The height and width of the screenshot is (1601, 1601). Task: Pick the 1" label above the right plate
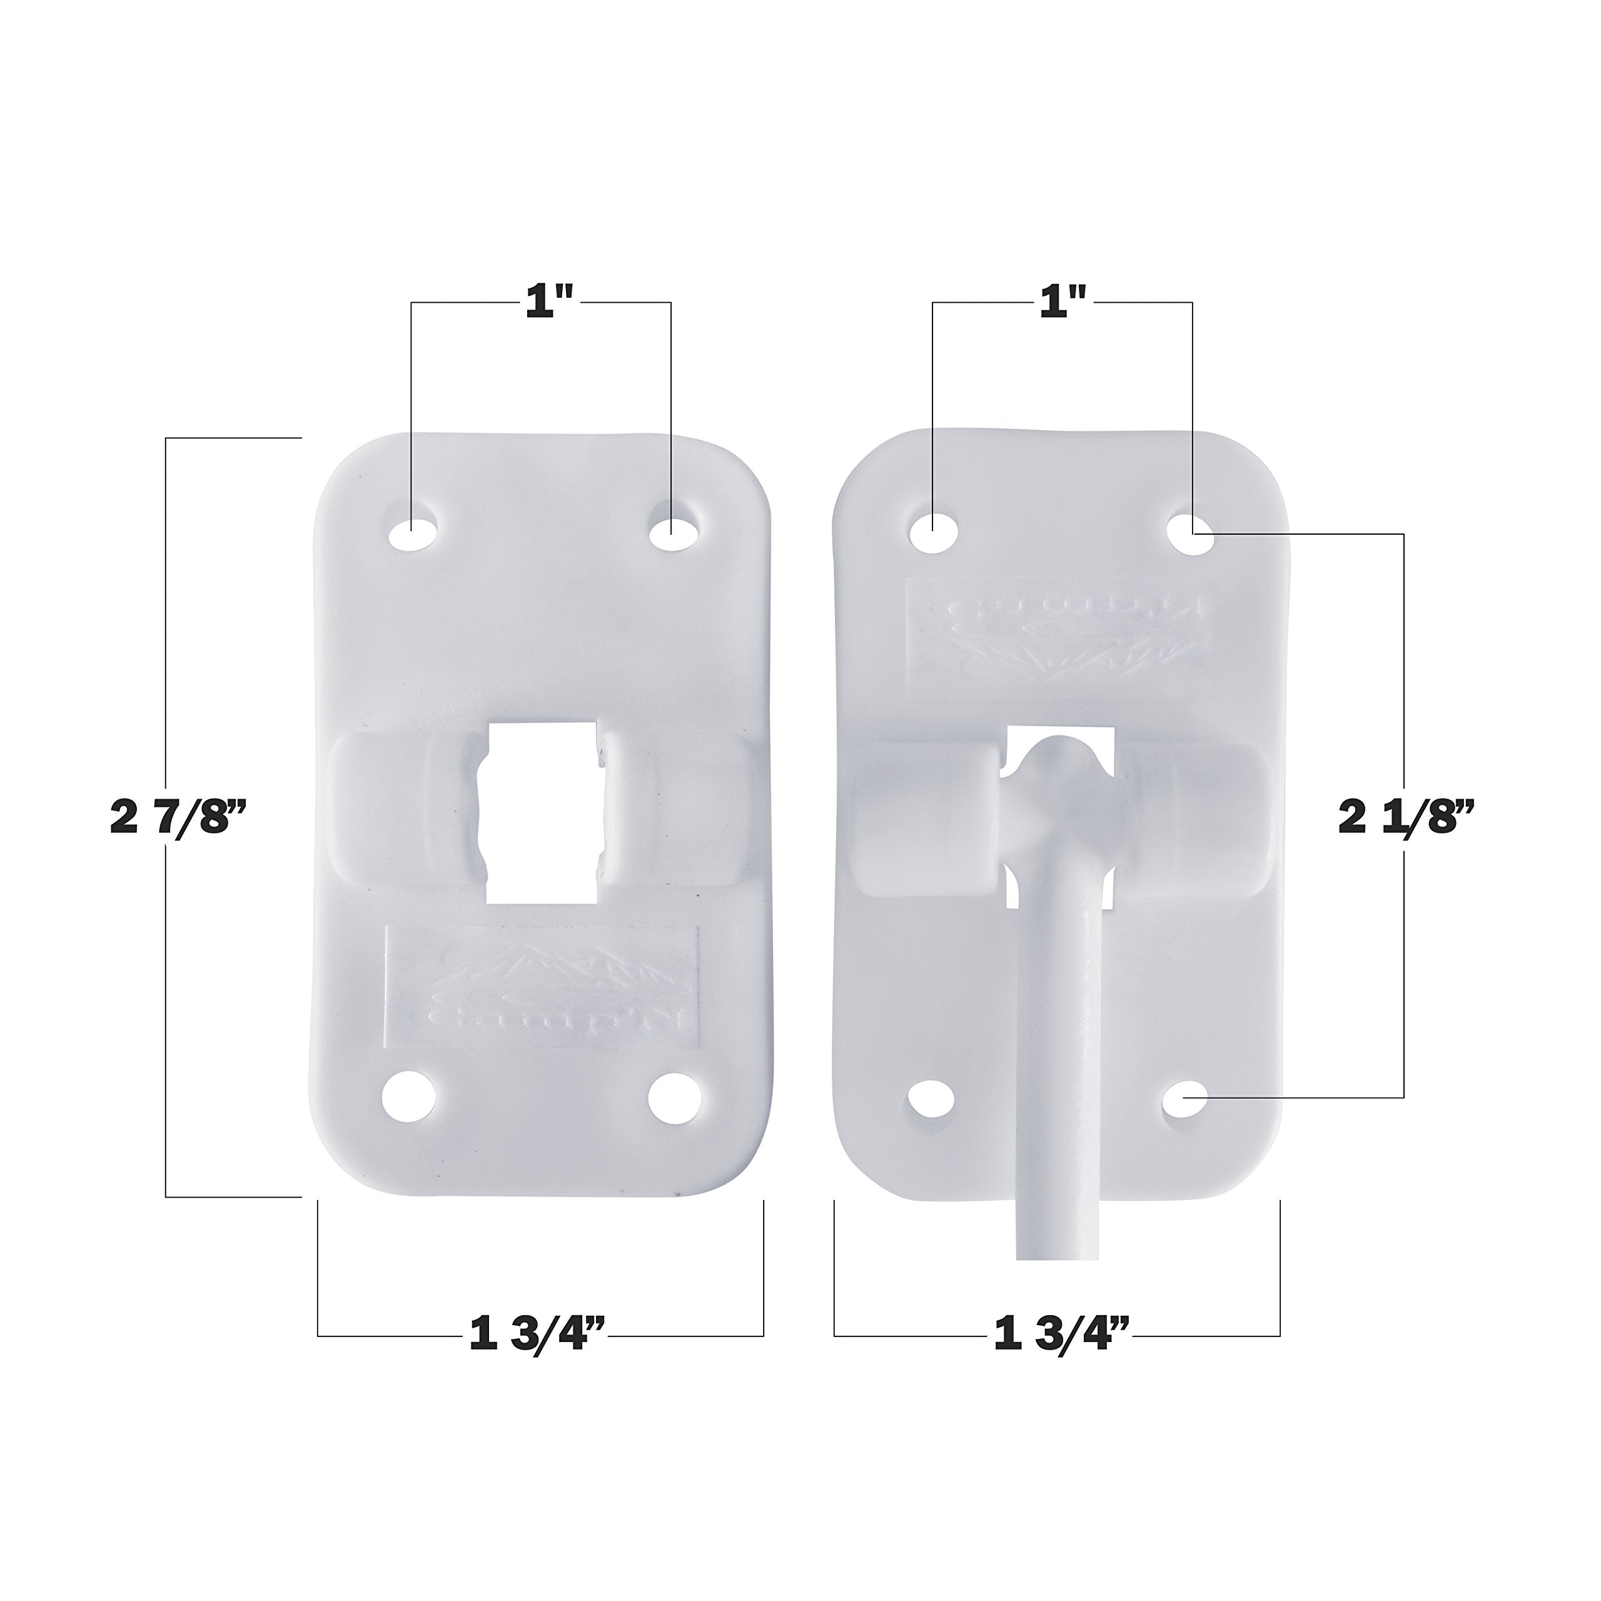pos(1063,304)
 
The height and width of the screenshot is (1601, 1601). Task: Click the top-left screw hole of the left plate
pos(413,533)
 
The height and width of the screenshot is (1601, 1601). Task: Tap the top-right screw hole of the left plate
pos(672,533)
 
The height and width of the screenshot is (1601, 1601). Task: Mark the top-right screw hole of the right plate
pos(1191,530)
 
